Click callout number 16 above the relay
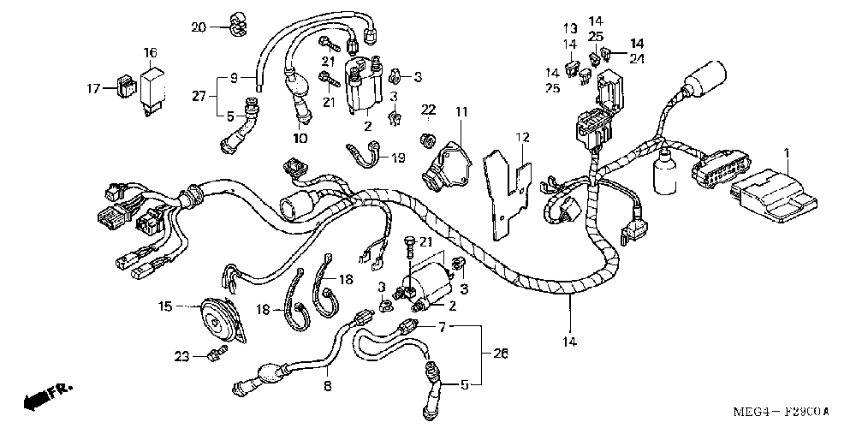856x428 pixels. [x=151, y=53]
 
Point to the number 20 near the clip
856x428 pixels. [x=199, y=27]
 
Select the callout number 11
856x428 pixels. [x=462, y=112]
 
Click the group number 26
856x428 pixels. [x=501, y=354]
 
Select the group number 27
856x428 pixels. [x=199, y=96]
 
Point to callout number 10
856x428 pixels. [x=300, y=139]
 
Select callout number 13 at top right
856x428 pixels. [x=571, y=28]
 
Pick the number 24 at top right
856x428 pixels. [x=636, y=58]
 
